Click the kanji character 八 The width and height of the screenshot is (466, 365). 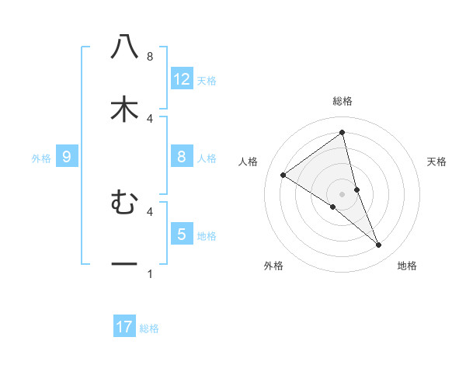[124, 47]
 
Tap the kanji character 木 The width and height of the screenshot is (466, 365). [124, 109]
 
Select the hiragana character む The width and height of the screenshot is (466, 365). [124, 203]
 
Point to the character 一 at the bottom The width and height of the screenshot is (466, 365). [124, 265]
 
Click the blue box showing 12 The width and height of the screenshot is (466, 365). [182, 78]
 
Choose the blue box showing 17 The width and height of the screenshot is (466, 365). [124, 327]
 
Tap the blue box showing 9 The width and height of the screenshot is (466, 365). [67, 158]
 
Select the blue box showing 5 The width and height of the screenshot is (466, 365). [182, 234]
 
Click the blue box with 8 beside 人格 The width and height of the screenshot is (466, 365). [182, 157]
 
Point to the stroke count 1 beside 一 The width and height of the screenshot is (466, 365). [150, 274]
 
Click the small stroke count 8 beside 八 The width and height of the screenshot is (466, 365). [150, 57]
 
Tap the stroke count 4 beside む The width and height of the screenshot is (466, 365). [150, 210]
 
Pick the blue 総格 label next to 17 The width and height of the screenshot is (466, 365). [149, 328]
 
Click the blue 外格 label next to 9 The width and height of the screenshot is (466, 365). [41, 158]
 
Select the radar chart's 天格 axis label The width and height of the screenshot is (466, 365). [437, 162]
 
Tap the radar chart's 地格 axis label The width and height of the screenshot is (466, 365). [407, 266]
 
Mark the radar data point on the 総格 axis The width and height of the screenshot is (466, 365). [342, 132]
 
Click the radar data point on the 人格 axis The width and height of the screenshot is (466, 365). [283, 175]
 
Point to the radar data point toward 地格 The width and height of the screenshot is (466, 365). [379, 245]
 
